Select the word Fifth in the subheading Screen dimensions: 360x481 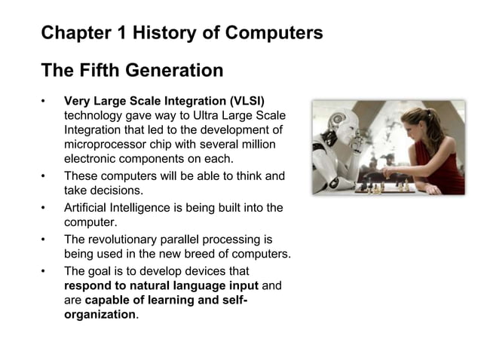coord(103,71)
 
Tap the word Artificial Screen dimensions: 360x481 coord(88,207)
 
